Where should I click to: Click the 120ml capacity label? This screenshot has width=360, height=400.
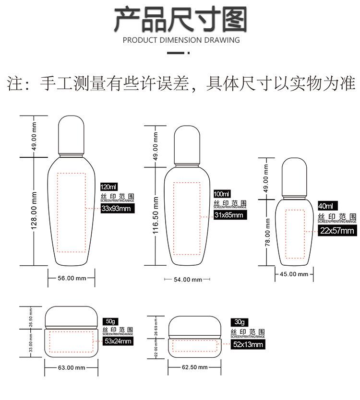tap(108, 187)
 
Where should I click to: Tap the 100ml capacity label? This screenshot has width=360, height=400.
tap(222, 194)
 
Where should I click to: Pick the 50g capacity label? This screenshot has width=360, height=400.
tap(111, 321)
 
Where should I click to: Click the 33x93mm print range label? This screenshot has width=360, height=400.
tap(116, 208)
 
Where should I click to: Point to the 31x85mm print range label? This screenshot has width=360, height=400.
tap(228, 215)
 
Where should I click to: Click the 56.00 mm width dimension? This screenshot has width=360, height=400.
tap(72, 278)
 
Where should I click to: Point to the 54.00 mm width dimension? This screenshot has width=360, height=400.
tap(187, 280)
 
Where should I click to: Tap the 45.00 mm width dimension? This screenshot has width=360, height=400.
tap(294, 274)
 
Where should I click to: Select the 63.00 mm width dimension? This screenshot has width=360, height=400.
tap(71, 367)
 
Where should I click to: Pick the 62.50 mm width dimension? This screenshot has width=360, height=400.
tap(194, 367)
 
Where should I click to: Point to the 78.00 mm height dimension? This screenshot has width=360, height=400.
tap(268, 232)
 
